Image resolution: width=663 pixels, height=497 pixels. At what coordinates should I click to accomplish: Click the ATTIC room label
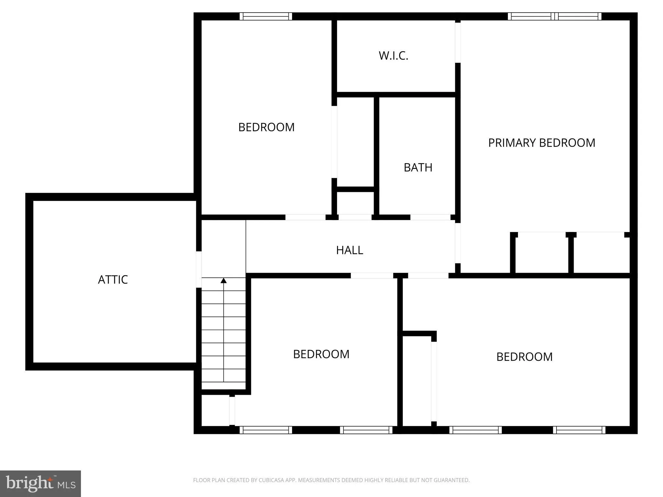[x=113, y=280]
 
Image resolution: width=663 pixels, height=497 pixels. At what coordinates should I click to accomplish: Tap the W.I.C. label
[x=393, y=56]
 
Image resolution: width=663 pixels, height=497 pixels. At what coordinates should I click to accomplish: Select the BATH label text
[x=418, y=168]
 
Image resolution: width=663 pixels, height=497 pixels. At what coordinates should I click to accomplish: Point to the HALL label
[x=350, y=250]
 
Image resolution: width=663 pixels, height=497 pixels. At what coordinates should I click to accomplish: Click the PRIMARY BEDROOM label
[x=542, y=143]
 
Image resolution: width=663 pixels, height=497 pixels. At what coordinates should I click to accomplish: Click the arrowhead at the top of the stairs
[x=224, y=280]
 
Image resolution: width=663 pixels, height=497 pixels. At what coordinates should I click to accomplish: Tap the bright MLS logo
[x=40, y=483]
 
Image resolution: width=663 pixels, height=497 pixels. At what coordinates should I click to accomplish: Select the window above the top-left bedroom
[x=266, y=16]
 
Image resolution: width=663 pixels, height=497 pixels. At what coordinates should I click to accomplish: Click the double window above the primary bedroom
[x=555, y=16]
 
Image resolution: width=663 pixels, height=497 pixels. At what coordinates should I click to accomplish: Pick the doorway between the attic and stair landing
[x=199, y=269]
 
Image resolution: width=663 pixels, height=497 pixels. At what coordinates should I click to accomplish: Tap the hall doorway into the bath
[x=430, y=217]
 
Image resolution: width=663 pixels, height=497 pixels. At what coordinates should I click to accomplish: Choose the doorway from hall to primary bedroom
[x=458, y=243]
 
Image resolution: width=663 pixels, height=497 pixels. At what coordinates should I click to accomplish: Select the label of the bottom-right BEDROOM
[x=524, y=357]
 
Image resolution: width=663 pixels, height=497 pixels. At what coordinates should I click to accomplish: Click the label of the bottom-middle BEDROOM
[x=321, y=354]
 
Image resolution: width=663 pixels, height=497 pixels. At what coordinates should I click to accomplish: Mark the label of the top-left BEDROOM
[x=266, y=127]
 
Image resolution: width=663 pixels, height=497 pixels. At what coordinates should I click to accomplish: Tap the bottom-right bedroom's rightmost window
[x=579, y=430]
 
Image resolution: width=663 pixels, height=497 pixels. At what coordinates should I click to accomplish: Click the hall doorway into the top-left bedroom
[x=305, y=217]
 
